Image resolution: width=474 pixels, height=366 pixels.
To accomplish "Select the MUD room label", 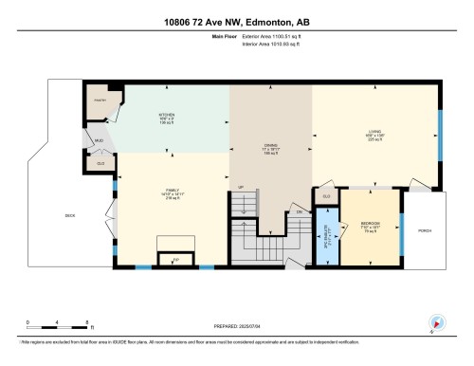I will (x=97, y=140).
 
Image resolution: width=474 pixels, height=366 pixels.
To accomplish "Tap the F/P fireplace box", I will (x=175, y=257).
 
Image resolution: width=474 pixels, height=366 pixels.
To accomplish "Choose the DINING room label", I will (x=271, y=148).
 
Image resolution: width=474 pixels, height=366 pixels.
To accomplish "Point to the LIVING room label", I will (x=374, y=134).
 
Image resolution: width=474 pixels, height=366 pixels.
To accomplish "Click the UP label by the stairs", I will (x=241, y=187).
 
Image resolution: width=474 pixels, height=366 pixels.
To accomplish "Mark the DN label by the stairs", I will (x=299, y=212).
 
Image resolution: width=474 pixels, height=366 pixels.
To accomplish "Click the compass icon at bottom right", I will (x=435, y=322).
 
